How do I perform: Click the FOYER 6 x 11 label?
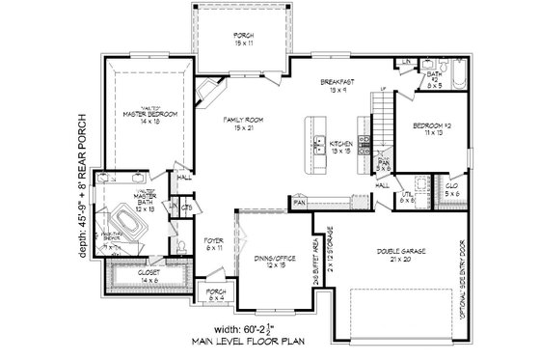pos(214,244)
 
